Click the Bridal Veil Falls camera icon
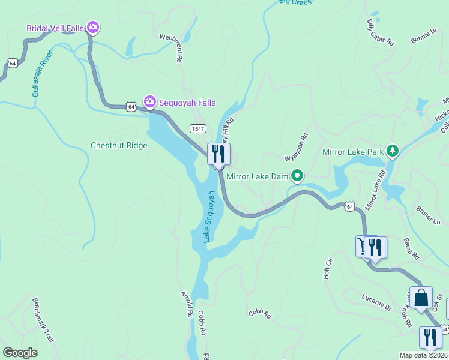[92, 27]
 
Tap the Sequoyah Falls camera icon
[149, 103]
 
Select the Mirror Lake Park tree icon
[392, 151]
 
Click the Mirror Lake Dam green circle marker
[297, 176]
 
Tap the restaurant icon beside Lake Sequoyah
[218, 154]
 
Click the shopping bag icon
[421, 297]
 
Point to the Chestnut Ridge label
[118, 145]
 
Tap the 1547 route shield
[198, 128]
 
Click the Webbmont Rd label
[171, 48]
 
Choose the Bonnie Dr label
[424, 35]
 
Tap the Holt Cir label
[328, 268]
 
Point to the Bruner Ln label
[428, 215]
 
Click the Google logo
[20, 353]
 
